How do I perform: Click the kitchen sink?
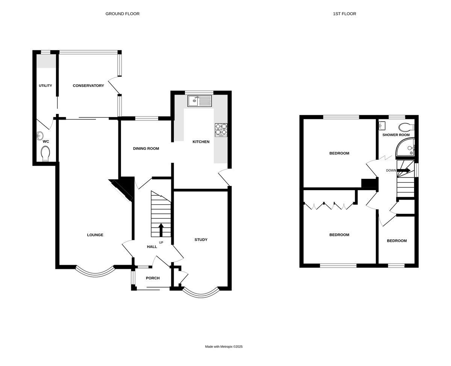point(200,100)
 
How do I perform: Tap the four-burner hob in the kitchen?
point(221,130)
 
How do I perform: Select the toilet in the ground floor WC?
point(45,154)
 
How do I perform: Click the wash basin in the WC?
point(41,136)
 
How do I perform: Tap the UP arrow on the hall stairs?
point(161,229)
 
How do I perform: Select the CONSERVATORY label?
point(88,85)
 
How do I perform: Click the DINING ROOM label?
point(146,148)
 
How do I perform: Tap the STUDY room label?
point(201,240)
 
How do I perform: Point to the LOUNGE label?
point(95,235)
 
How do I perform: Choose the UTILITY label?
point(45,85)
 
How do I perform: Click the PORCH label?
point(153,278)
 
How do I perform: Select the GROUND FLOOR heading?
point(122,14)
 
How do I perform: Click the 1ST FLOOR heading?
point(344,14)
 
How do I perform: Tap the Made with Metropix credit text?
point(224,347)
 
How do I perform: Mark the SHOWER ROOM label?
point(396,135)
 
